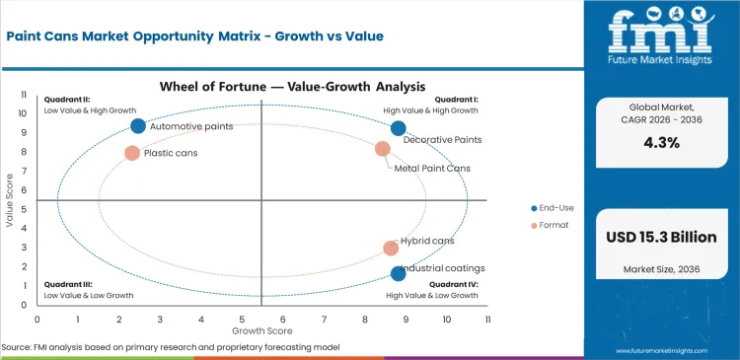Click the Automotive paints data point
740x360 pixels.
[x=138, y=126]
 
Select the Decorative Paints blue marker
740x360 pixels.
[x=398, y=128]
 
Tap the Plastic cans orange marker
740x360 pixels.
[x=132, y=153]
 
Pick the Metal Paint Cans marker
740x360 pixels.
[x=383, y=149]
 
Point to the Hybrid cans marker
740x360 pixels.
[x=391, y=249]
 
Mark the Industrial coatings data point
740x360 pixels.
[x=398, y=273]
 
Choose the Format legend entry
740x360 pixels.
[x=551, y=226]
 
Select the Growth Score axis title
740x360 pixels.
[x=262, y=331]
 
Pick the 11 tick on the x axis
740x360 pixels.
[x=487, y=320]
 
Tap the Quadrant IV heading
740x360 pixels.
[x=456, y=285]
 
